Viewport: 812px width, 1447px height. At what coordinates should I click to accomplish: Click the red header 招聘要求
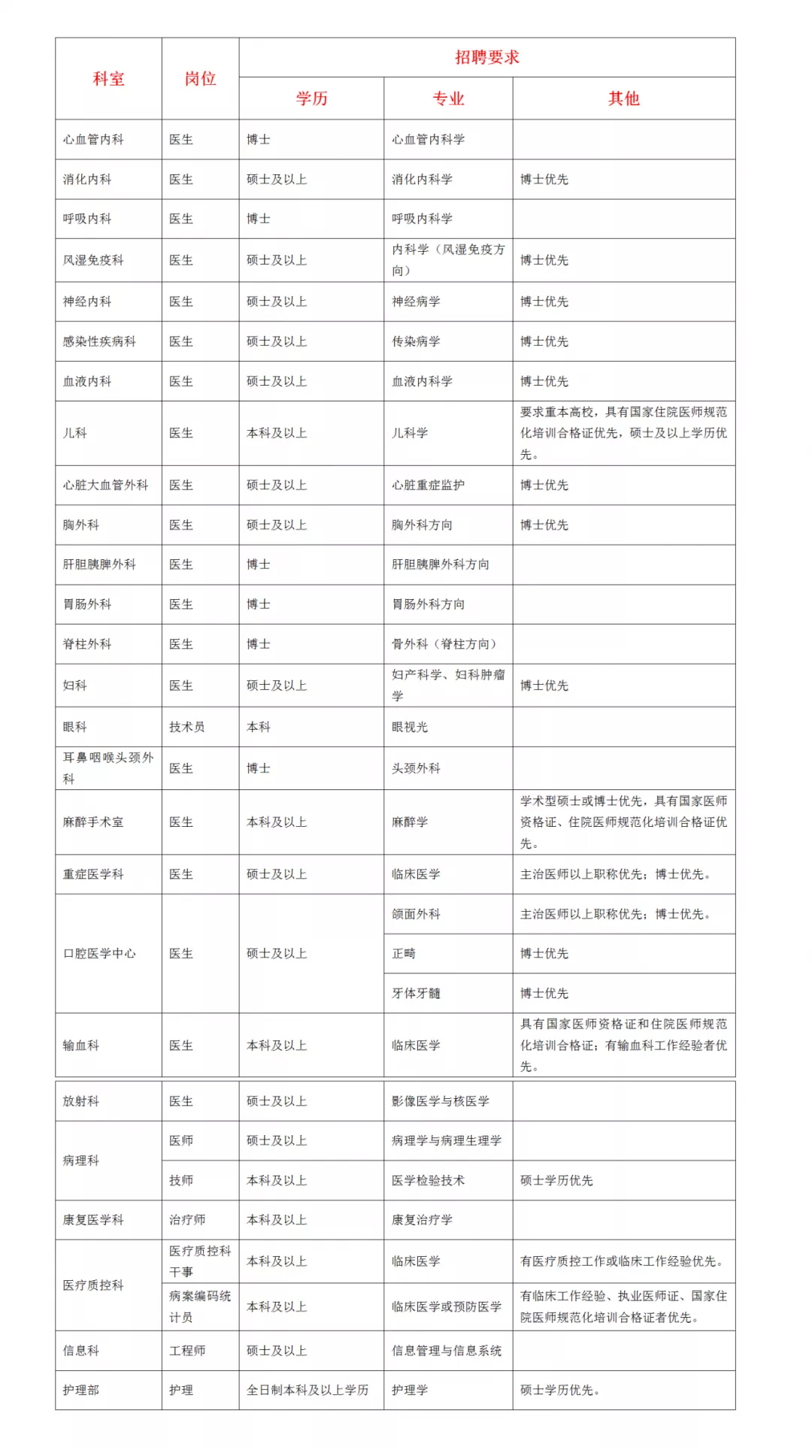click(486, 57)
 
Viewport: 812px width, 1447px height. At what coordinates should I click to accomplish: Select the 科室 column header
click(108, 79)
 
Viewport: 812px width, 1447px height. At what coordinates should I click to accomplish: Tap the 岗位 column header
click(200, 79)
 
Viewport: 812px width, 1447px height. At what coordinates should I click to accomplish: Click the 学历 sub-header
click(311, 98)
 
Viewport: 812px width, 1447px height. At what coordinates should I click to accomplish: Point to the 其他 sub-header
click(623, 98)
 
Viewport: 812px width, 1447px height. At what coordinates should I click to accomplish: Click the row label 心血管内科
click(93, 140)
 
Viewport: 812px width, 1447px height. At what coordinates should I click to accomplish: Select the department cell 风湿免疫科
click(93, 260)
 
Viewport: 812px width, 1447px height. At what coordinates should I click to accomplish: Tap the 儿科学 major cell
click(410, 433)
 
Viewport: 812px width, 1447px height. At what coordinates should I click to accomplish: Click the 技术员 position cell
click(186, 727)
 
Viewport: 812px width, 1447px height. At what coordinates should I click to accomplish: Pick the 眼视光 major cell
click(410, 727)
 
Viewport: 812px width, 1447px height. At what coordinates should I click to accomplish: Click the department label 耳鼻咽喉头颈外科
click(108, 768)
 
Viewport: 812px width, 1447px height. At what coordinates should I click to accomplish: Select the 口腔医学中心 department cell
click(99, 953)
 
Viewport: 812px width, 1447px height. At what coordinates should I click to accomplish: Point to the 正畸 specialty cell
click(404, 953)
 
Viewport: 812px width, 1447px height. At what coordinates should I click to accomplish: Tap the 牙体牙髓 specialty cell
click(416, 993)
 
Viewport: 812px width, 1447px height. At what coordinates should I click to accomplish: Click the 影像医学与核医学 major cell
click(440, 1101)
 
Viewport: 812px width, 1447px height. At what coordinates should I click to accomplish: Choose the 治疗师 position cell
click(186, 1219)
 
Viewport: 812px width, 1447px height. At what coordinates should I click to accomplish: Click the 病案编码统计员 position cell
click(199, 1306)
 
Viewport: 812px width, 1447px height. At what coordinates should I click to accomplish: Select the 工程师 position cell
click(186, 1350)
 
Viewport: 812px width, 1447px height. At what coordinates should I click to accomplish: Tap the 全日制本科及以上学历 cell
click(308, 1390)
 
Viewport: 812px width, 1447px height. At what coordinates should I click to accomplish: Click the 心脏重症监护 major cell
click(428, 485)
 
